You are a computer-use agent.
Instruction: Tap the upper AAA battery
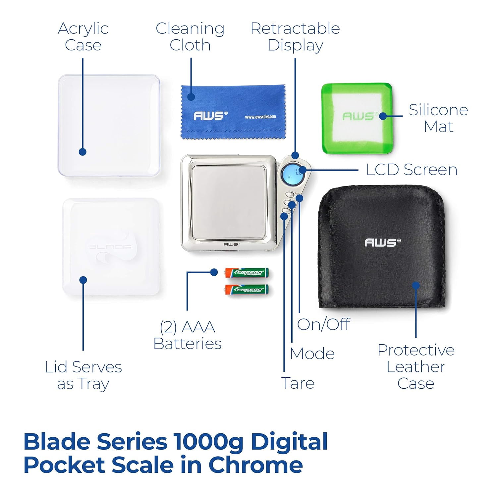[x=247, y=273]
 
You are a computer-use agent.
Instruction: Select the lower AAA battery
[x=247, y=290]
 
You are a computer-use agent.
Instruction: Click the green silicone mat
[x=357, y=118]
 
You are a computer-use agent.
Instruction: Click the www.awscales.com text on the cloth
[x=260, y=117]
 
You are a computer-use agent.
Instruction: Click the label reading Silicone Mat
[x=438, y=118]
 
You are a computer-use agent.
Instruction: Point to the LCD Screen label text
[x=412, y=170]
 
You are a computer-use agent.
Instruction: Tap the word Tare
[x=298, y=383]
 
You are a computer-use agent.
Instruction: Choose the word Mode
[x=312, y=354]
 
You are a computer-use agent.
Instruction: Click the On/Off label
[x=323, y=324]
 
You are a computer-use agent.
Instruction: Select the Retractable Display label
[x=295, y=36]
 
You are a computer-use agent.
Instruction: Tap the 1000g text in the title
[x=208, y=442]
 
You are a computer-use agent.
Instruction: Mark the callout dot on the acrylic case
[x=83, y=152]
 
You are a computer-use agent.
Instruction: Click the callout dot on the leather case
[x=416, y=285]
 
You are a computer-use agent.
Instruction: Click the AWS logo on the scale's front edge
[x=231, y=244]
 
